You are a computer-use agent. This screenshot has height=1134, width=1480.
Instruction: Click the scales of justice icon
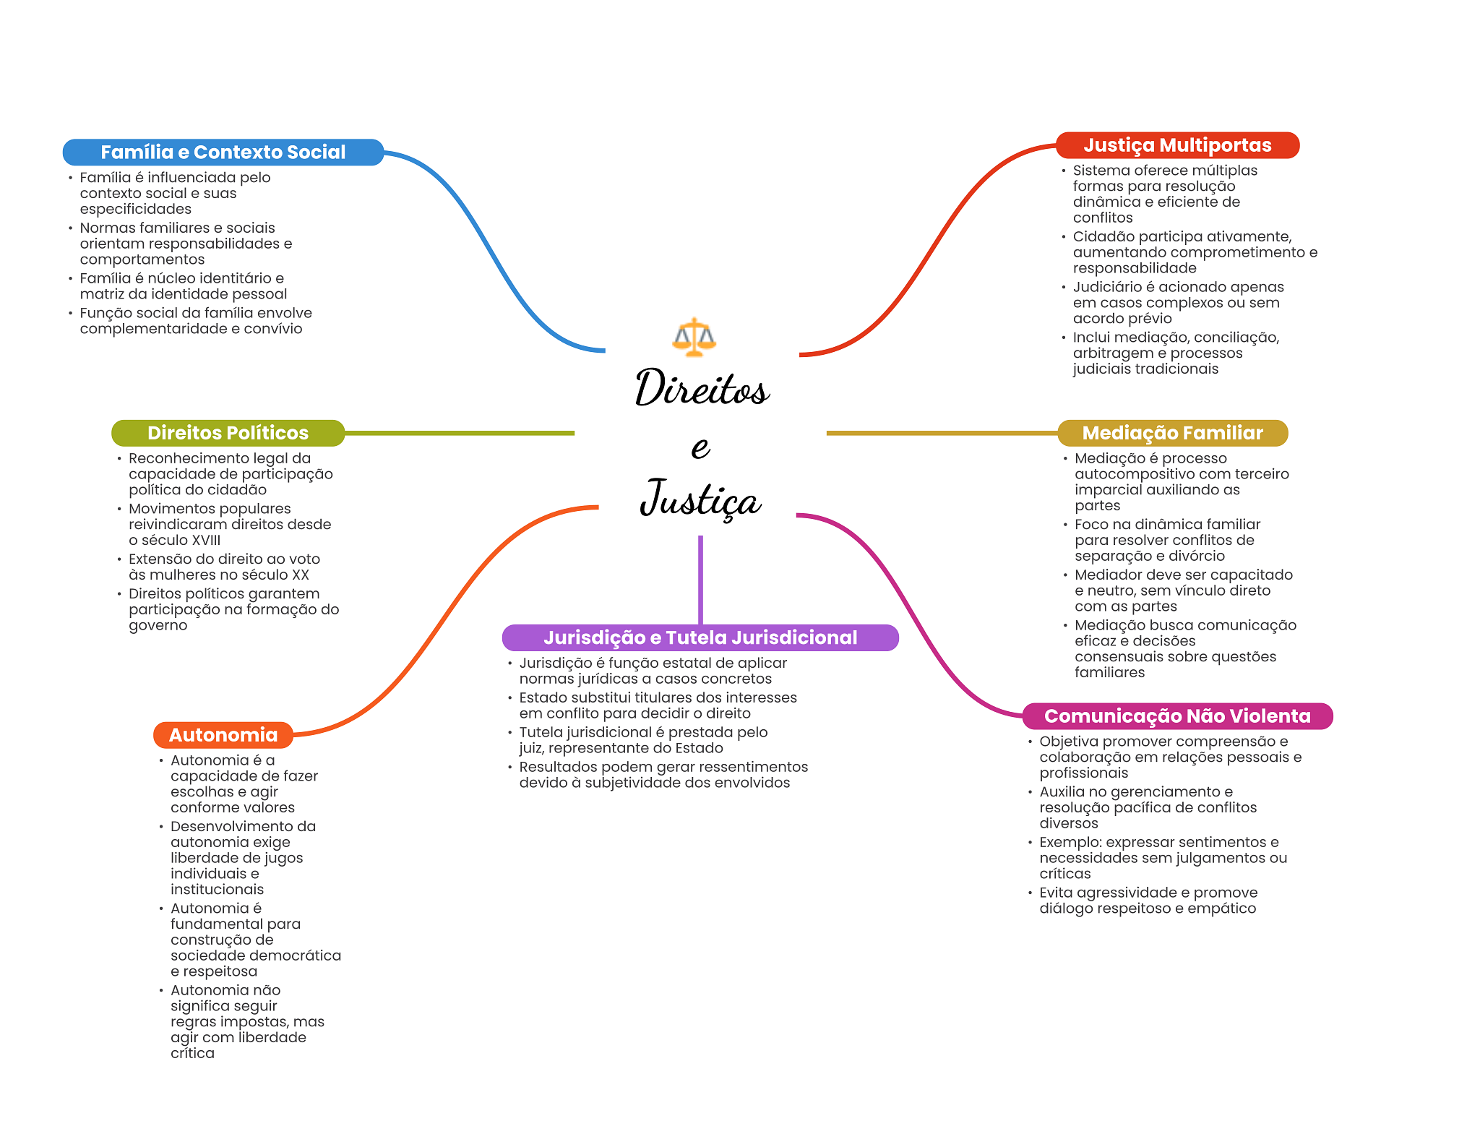[694, 337]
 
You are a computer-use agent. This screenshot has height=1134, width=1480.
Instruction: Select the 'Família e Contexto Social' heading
[223, 153]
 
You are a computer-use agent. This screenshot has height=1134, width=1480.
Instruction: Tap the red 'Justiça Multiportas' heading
[1177, 145]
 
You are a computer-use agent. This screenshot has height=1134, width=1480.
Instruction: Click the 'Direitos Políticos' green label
[228, 433]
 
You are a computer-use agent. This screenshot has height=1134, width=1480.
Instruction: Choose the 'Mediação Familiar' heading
[1172, 433]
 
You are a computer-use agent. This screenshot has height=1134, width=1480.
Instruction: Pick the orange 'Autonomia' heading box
[223, 735]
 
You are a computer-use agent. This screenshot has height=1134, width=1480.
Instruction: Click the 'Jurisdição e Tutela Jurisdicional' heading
[700, 637]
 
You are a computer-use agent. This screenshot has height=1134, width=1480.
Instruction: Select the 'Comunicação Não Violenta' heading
[1177, 716]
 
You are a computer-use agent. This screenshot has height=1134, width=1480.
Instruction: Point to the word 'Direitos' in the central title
[702, 388]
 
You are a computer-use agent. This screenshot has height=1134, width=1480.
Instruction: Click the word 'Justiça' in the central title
[700, 499]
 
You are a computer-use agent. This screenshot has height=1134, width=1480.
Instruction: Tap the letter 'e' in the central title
[700, 447]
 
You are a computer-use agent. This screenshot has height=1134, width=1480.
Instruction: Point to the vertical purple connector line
[700, 580]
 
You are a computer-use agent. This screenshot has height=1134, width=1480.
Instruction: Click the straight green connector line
[460, 433]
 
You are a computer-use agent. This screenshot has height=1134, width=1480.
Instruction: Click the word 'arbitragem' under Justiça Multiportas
[1111, 353]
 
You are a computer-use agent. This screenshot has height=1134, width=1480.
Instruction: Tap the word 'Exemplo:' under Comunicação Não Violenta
[1070, 843]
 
